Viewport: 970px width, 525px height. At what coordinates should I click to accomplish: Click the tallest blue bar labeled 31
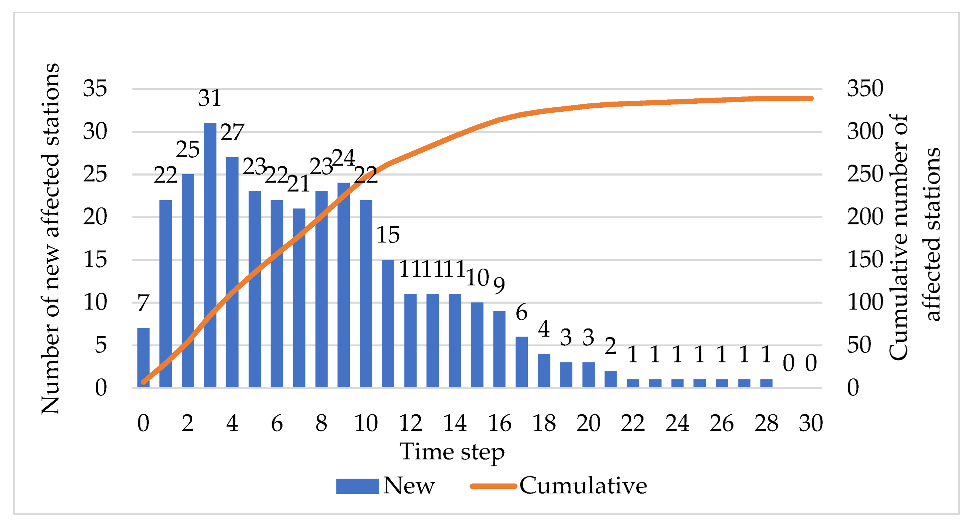tap(210, 255)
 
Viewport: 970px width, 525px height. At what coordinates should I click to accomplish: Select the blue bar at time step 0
tap(143, 357)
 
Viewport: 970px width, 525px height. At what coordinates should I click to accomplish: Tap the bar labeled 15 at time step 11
tap(388, 324)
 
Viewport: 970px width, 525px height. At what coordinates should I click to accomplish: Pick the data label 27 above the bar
tap(232, 132)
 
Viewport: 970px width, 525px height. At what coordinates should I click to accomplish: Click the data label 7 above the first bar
tap(143, 303)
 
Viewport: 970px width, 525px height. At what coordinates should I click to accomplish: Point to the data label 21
tap(298, 184)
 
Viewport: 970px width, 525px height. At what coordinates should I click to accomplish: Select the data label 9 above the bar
tap(499, 286)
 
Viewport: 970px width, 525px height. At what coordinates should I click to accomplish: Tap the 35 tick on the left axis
tap(95, 89)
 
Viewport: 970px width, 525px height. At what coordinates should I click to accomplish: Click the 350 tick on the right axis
tap(865, 89)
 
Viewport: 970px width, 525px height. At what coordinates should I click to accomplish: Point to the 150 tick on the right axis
tap(865, 260)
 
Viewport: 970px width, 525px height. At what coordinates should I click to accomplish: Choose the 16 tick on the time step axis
tap(499, 423)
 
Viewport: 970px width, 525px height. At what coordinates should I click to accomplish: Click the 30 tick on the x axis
tap(811, 423)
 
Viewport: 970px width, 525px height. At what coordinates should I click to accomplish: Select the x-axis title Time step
tap(452, 452)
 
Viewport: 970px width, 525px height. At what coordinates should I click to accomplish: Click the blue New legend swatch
tap(357, 486)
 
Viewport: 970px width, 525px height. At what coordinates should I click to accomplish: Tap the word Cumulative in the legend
tap(583, 486)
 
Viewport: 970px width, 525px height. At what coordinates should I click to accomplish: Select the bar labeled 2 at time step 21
tap(610, 379)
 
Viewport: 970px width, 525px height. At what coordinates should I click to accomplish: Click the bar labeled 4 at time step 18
tap(544, 371)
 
